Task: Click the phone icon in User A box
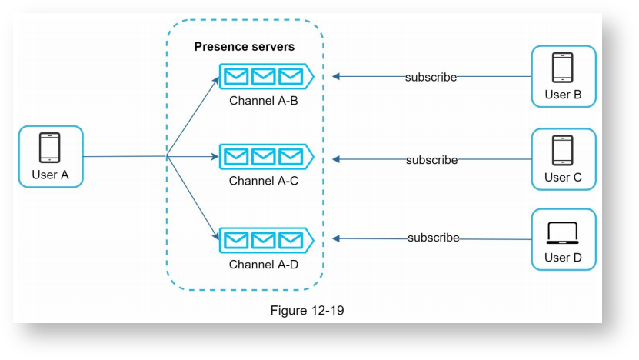tap(50, 147)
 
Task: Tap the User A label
tap(50, 175)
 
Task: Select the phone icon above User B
tap(563, 67)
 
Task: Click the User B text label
tap(563, 95)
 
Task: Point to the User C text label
tap(563, 178)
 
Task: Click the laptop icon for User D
tap(563, 232)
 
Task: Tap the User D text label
tap(563, 258)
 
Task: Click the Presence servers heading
tap(244, 47)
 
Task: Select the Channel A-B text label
tap(263, 100)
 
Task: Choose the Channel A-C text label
tap(263, 182)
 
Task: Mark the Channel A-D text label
tap(263, 265)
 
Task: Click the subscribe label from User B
tap(431, 77)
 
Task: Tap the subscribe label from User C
tap(431, 160)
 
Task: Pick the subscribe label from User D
tap(433, 238)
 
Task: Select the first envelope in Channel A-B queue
tap(236, 76)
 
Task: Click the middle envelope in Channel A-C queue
tap(263, 157)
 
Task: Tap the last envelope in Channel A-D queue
tap(290, 239)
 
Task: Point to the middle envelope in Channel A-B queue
tap(263, 76)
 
